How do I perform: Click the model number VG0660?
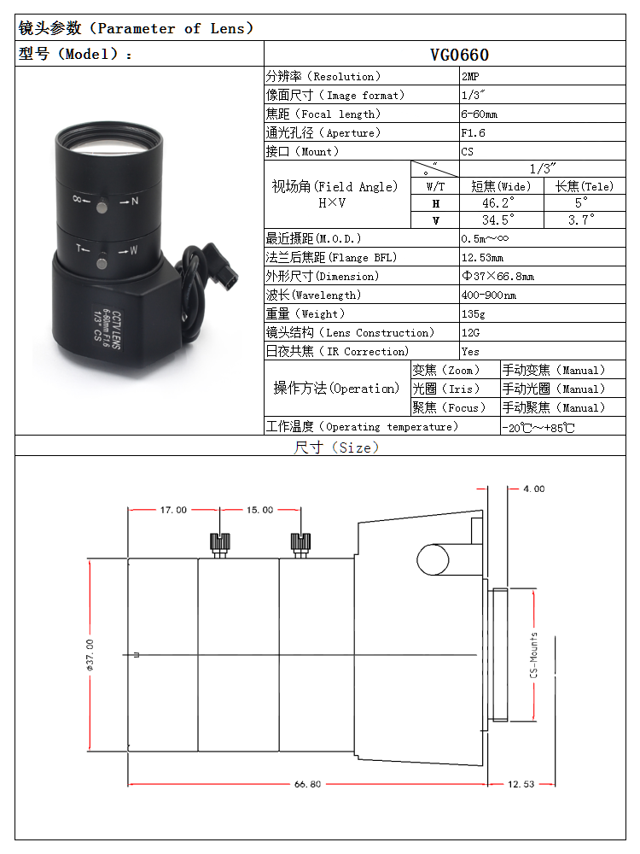pos(459,55)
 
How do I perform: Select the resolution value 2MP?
pos(470,77)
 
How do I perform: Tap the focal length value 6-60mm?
pos(480,114)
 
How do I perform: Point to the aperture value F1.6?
pos(473,133)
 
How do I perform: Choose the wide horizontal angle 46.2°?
pos(498,203)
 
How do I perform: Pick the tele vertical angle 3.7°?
pos(581,220)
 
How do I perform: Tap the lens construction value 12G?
pos(471,333)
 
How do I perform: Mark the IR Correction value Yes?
pos(470,352)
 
